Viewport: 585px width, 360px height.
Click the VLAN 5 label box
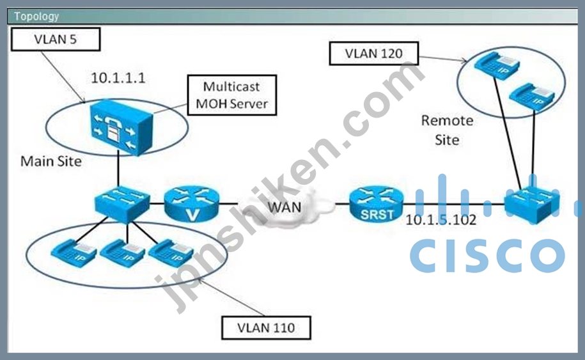pos(56,39)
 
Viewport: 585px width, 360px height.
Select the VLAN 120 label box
pos(374,53)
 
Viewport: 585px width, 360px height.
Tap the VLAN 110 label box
pos(266,327)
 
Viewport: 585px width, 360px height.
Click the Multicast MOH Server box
pos(231,95)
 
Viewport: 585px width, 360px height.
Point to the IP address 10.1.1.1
pos(118,78)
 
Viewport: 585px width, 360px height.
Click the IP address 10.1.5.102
pos(441,220)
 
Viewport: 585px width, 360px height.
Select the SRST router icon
pos(377,205)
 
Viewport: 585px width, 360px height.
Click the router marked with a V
pos(192,205)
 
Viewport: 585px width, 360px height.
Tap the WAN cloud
pos(285,207)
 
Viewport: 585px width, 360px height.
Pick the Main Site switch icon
pos(122,204)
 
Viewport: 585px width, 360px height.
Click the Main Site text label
pos(51,161)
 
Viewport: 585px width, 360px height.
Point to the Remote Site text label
pos(447,130)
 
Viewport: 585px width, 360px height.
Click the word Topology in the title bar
pos(36,17)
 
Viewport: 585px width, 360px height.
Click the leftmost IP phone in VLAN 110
pos(74,253)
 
